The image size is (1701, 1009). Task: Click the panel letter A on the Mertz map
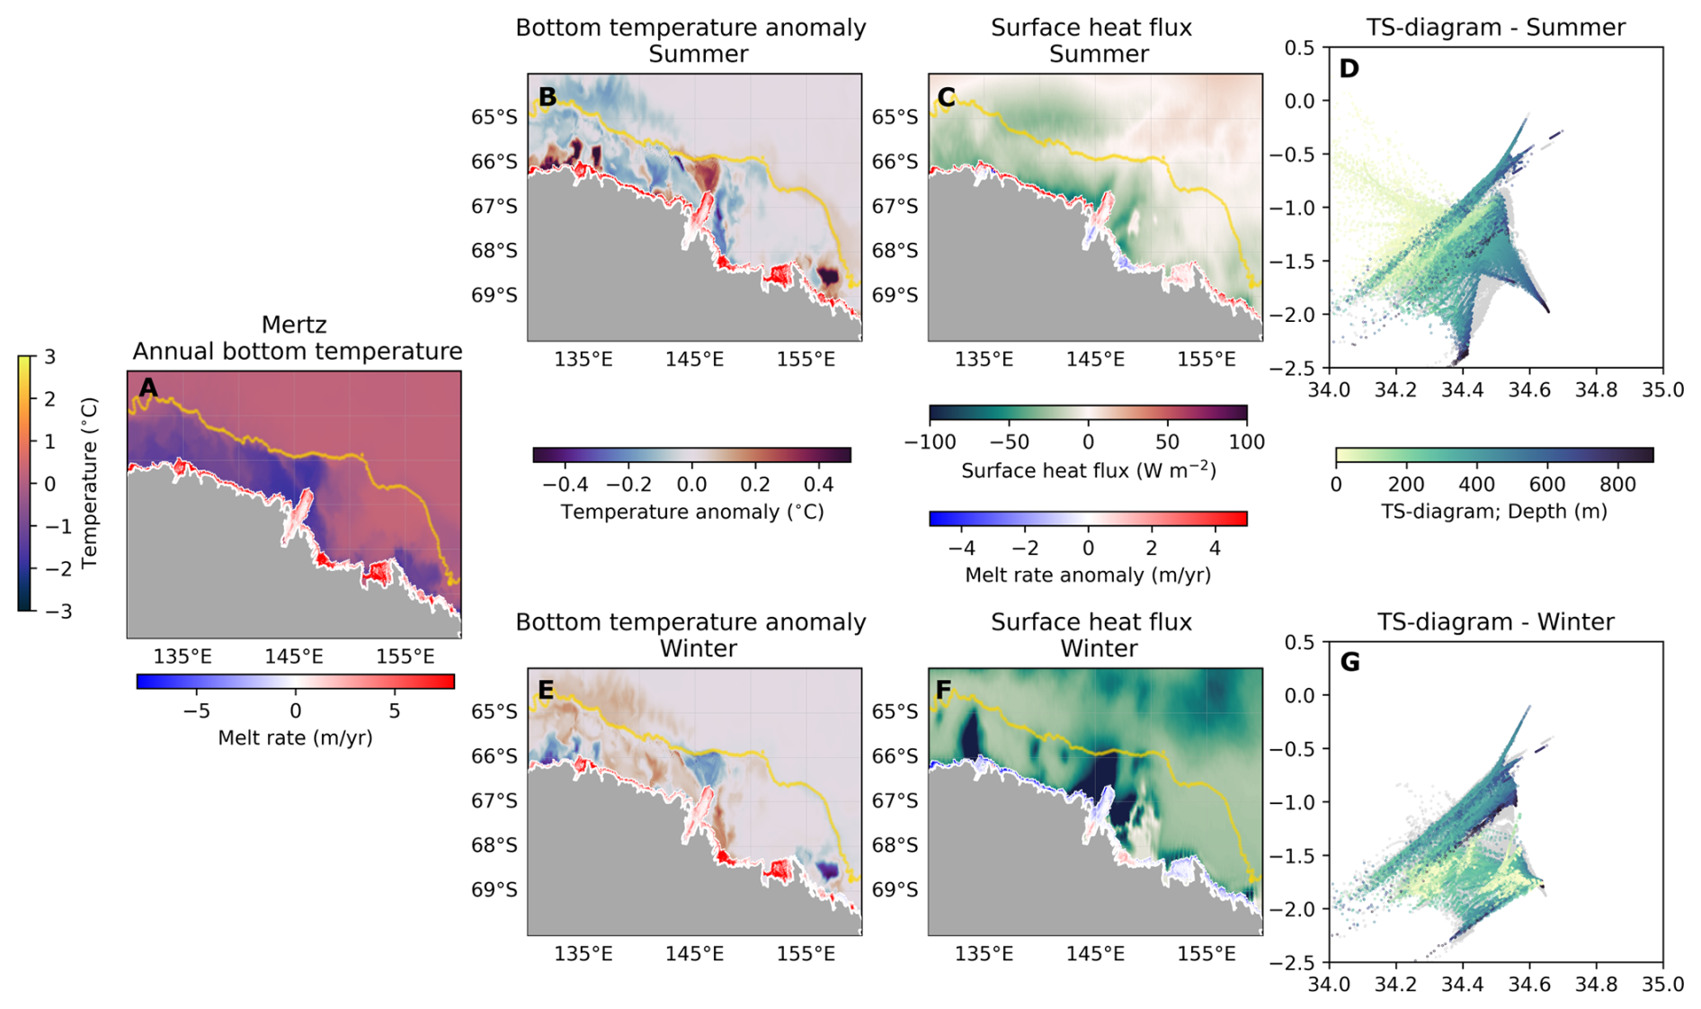148,388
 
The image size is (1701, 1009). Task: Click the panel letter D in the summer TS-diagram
1349,68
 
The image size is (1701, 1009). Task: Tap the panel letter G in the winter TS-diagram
1349,663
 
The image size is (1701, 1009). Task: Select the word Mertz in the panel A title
294,325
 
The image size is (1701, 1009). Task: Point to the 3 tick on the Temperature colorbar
50,357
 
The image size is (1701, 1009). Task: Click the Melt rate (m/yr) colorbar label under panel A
295,738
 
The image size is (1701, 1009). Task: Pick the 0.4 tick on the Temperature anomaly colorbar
819,485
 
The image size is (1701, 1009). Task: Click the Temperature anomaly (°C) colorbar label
692,512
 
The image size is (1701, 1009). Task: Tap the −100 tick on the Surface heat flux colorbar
930,442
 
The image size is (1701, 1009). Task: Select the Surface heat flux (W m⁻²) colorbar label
1088,470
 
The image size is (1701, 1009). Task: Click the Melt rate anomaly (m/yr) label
1088,575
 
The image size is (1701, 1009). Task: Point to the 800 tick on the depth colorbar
1617,485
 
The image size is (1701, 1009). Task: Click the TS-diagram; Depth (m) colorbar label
1493,512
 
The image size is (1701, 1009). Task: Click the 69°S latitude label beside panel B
494,296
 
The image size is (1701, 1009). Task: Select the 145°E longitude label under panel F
1095,954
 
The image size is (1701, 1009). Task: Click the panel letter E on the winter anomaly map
546,690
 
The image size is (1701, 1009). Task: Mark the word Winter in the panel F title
1099,648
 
